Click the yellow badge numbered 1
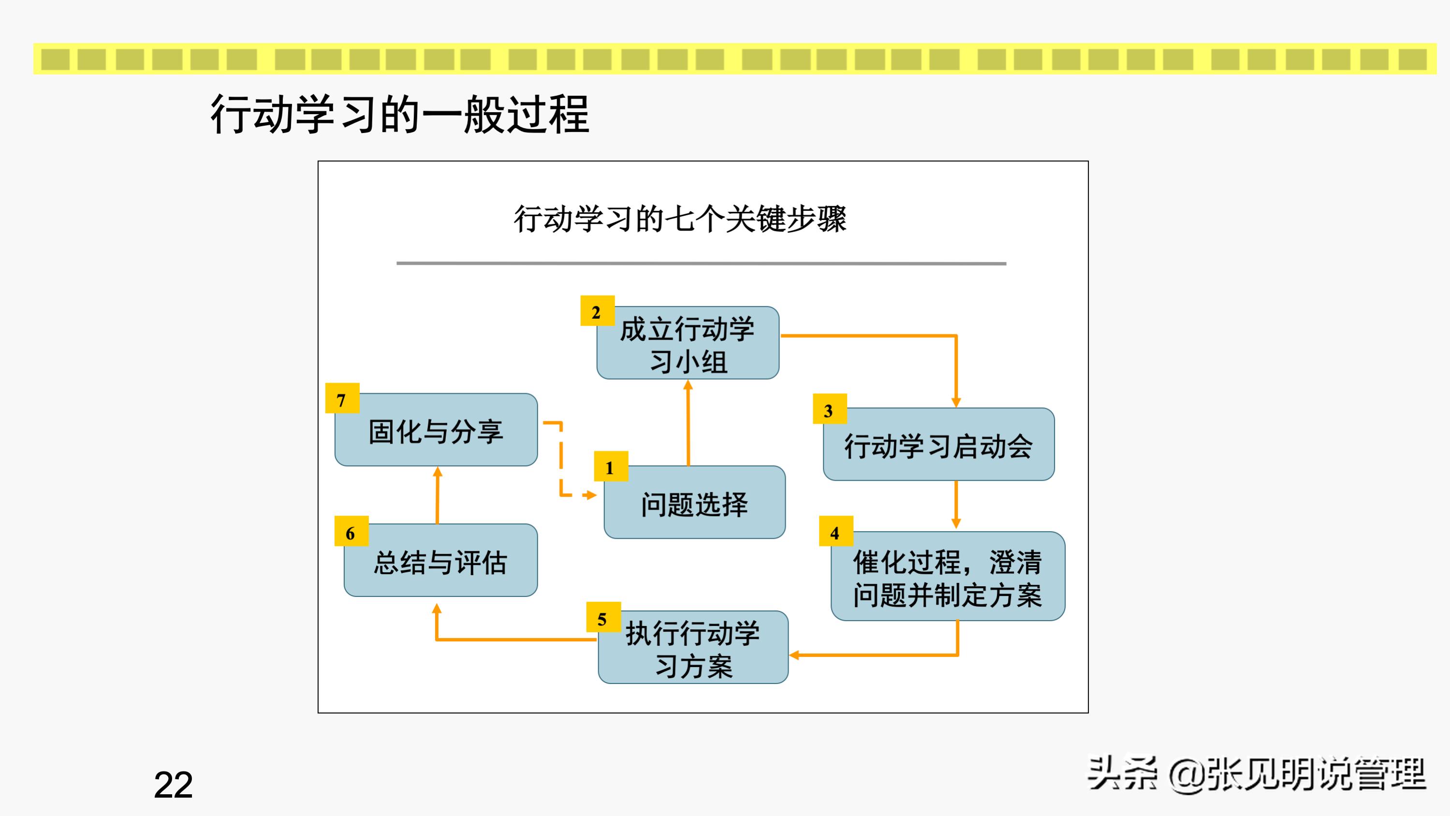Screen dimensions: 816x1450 [611, 467]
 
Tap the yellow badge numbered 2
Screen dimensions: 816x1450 [597, 311]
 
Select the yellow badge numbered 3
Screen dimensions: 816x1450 [829, 409]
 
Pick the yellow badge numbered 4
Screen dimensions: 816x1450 [836, 532]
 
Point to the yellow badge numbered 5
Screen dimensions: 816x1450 [603, 618]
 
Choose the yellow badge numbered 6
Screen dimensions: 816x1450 [351, 532]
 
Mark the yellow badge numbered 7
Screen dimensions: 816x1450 [342, 399]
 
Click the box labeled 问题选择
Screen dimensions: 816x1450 [695, 504]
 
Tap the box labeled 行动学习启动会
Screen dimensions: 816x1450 [938, 445]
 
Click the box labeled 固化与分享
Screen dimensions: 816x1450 [436, 431]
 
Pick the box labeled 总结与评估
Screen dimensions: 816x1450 [441, 562]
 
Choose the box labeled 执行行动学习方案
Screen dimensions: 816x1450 [693, 649]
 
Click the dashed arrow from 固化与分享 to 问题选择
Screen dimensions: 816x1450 [561, 462]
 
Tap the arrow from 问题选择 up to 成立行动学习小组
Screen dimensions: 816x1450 [688, 422]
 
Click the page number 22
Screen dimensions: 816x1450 [174, 785]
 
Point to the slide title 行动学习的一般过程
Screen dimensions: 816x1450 [400, 114]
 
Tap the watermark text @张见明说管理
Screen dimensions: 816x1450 [1297, 774]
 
